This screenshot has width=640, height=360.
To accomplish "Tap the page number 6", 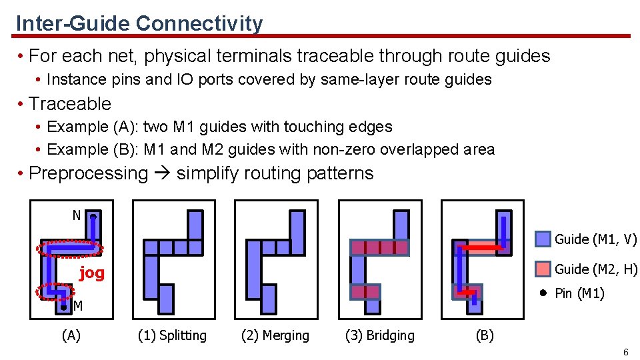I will [625, 352].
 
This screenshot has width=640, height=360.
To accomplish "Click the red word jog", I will [92, 273].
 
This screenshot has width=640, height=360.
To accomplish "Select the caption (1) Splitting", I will [172, 335].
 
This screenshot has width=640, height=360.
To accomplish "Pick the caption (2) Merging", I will [275, 335].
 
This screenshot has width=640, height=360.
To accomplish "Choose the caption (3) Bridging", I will [379, 335].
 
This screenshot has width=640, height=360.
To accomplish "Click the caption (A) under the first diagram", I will [71, 335].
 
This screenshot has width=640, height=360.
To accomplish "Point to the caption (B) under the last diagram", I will [484, 335].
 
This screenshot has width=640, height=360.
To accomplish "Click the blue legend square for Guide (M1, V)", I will [543, 239].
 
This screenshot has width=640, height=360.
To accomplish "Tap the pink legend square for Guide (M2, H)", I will [543, 269].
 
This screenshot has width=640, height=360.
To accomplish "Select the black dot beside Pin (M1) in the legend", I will [543, 293].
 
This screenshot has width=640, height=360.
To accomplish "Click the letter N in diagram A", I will [77, 215].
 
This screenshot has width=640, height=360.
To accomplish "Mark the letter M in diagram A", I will [78, 307].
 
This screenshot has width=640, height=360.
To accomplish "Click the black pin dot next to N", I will [93, 217].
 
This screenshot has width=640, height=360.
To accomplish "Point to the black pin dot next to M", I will [63, 308].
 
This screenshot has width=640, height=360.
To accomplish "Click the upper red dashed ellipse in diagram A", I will [70, 249].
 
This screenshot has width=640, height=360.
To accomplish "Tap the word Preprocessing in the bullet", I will [89, 173].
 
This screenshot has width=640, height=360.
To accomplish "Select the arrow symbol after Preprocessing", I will [162, 173].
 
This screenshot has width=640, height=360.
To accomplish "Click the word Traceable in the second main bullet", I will [70, 104].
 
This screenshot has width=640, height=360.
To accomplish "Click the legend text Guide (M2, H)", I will [596, 269].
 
